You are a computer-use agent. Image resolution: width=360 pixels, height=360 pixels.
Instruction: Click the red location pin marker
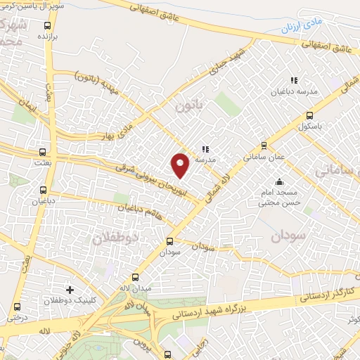click(181, 165)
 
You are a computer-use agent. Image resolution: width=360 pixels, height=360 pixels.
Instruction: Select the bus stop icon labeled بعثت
click(44, 151)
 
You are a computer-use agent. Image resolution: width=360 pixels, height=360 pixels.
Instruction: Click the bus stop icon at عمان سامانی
click(264, 146)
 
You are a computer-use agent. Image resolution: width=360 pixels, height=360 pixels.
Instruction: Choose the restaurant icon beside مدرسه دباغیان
click(293, 81)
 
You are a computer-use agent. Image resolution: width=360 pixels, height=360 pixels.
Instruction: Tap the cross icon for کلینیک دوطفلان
click(69, 289)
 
